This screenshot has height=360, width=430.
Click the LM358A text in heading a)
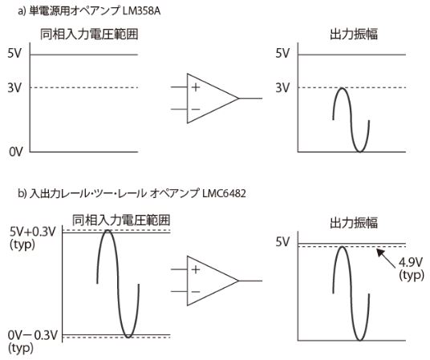[x=141, y=10]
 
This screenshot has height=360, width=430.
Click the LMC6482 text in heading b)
[x=224, y=193]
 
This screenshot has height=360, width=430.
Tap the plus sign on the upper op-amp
[x=196, y=87]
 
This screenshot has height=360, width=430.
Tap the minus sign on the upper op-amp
[x=196, y=109]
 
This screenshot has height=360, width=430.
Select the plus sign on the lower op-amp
[x=196, y=269]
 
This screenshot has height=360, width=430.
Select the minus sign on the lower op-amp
[x=196, y=292]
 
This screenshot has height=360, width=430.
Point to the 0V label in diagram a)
[x=15, y=152]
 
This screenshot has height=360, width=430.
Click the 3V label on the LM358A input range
[x=14, y=87]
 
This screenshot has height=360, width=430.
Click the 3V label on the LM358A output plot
[x=282, y=87]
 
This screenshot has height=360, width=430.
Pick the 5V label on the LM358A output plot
[x=282, y=53]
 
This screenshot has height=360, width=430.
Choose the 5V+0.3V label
[x=33, y=232]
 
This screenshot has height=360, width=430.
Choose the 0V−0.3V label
[x=33, y=335]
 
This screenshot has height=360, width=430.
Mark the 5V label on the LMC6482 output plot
[x=282, y=242]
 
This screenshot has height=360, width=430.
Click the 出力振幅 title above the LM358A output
[x=354, y=34]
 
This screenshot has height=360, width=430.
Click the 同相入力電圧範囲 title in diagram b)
[x=121, y=220]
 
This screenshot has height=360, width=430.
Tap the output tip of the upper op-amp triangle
[x=239, y=98]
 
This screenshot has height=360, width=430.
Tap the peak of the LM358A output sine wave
[x=342, y=88]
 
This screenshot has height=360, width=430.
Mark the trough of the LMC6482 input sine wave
[x=128, y=337]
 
